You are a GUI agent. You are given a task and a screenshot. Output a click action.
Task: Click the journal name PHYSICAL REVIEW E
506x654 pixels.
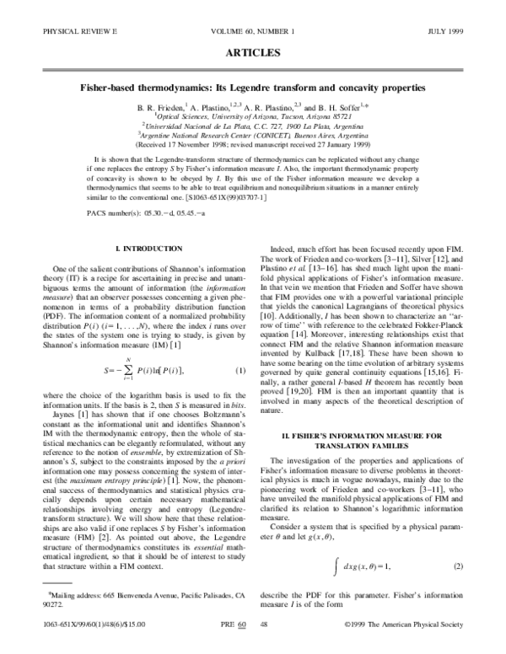tap(62, 32)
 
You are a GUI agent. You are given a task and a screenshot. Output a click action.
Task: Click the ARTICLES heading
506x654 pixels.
tap(253, 52)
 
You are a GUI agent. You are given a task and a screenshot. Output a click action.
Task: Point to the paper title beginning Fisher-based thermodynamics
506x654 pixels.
tap(253, 88)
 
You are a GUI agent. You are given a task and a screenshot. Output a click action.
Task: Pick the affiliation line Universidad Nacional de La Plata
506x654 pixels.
tap(253, 122)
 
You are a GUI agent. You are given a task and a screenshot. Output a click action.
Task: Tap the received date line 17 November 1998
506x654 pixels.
tap(253, 142)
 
